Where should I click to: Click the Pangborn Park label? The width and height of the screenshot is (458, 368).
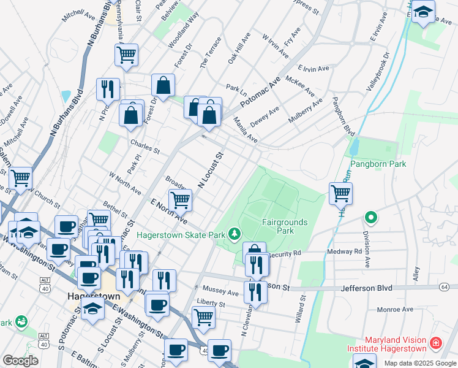[378, 164]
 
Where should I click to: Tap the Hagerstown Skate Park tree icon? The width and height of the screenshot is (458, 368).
[233, 234]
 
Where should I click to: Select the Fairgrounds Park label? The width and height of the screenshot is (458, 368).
[285, 226]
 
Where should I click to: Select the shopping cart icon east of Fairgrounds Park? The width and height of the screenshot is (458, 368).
[340, 193]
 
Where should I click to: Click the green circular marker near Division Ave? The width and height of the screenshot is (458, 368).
[370, 217]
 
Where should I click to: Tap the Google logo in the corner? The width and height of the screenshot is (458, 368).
[20, 361]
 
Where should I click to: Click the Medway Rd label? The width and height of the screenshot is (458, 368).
[345, 251]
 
